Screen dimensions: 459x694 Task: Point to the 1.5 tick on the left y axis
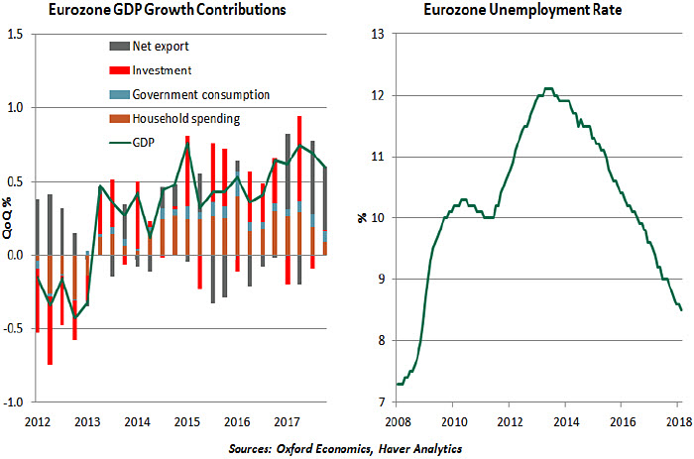click(x=17, y=34)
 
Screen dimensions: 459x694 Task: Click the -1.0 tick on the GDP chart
click(x=15, y=402)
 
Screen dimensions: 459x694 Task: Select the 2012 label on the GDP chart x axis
click(x=37, y=420)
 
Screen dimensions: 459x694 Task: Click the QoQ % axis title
click(x=8, y=218)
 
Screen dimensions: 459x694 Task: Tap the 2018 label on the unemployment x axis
click(x=677, y=420)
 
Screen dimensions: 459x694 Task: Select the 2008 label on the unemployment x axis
click(x=397, y=420)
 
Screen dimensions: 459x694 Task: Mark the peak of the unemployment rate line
click(x=548, y=88)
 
